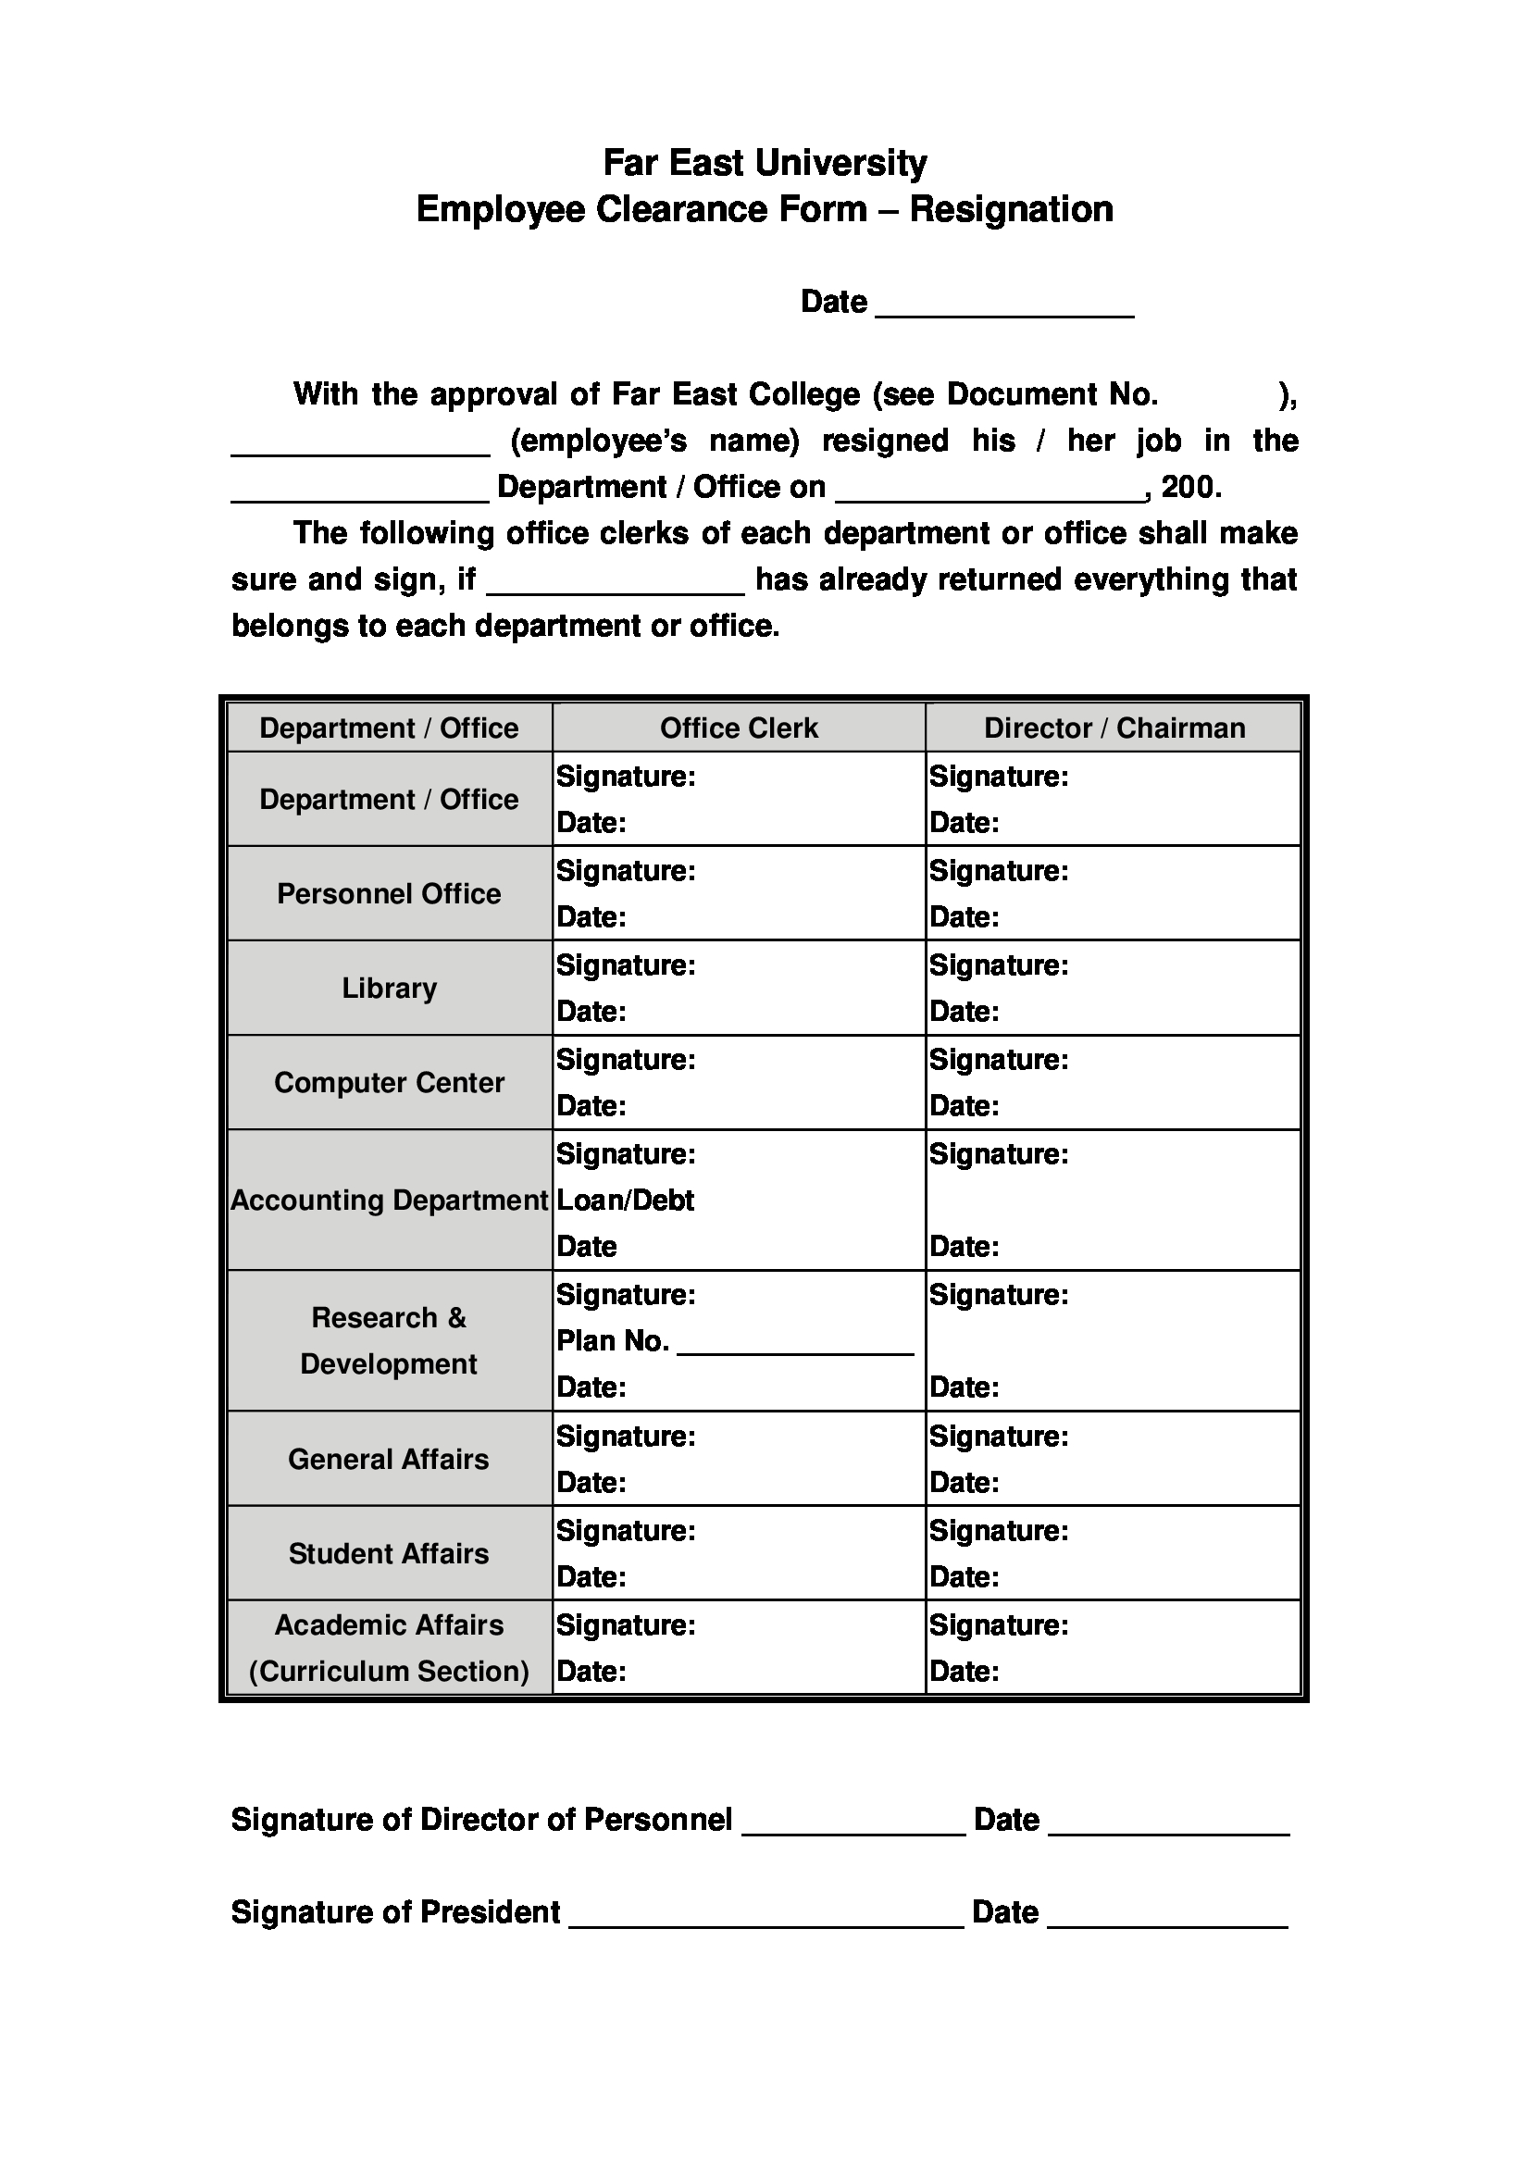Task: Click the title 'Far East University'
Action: click(765, 163)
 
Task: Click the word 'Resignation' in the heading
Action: click(1011, 209)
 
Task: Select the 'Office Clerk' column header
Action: click(738, 728)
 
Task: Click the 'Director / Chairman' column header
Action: click(1114, 728)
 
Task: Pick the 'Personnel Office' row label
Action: click(389, 894)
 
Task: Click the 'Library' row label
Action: click(389, 989)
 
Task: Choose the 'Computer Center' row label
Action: click(389, 1083)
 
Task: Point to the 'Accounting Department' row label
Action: click(389, 1201)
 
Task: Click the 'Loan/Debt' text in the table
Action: click(625, 1201)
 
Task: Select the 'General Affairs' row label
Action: click(389, 1460)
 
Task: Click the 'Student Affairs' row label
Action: click(389, 1554)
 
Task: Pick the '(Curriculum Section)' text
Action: click(389, 1672)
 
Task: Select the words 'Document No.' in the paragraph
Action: click(1052, 394)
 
